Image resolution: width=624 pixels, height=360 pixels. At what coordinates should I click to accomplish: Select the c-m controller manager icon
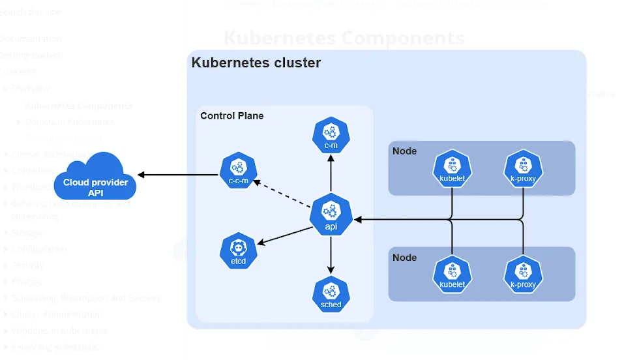click(331, 135)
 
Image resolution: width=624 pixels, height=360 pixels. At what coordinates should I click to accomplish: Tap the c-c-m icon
click(238, 172)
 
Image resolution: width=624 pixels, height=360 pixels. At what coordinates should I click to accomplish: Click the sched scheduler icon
click(331, 295)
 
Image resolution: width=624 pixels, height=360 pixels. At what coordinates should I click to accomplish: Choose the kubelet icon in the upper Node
click(452, 168)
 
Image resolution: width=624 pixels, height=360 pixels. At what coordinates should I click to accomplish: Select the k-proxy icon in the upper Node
click(523, 168)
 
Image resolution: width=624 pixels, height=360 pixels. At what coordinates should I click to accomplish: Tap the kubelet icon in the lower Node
click(452, 274)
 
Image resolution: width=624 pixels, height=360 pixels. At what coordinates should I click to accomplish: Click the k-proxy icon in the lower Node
click(523, 274)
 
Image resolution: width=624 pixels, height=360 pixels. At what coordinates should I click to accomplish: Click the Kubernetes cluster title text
click(256, 63)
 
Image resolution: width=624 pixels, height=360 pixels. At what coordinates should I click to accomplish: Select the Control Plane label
click(232, 116)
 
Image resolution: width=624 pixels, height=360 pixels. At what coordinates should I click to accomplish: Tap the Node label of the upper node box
click(404, 151)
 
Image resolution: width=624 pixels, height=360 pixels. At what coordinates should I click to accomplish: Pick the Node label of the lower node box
click(404, 258)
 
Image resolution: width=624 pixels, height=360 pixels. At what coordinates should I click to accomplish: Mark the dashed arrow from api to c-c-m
click(282, 193)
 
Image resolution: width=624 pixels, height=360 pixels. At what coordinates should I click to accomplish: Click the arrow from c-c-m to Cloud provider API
click(177, 174)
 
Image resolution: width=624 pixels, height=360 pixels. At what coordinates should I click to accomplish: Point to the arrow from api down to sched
click(331, 254)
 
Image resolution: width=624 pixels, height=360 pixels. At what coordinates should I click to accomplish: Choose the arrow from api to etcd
click(284, 235)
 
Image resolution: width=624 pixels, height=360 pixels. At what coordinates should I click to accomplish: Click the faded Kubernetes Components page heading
click(344, 37)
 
